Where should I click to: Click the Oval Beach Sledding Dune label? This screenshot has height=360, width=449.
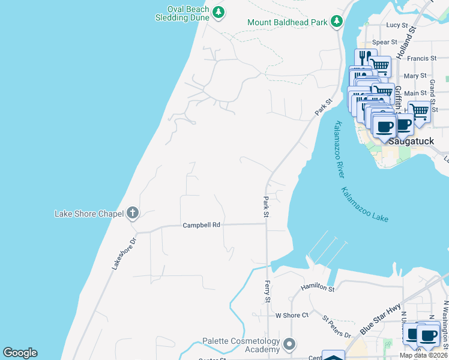179,13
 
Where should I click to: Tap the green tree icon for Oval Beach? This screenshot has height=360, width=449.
219,12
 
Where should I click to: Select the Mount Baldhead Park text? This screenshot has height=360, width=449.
288,22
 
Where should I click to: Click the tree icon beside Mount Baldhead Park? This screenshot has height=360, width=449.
337,22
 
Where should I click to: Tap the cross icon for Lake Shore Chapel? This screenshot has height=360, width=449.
133,213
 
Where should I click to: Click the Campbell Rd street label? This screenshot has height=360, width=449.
202,225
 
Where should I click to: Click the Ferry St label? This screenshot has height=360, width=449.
268,291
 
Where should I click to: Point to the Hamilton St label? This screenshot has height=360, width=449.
318,289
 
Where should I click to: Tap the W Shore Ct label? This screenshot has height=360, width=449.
291,315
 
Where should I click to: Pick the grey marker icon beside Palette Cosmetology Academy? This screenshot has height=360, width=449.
290,344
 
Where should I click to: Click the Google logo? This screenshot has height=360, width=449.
20,353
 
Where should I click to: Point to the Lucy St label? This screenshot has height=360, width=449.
397,25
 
